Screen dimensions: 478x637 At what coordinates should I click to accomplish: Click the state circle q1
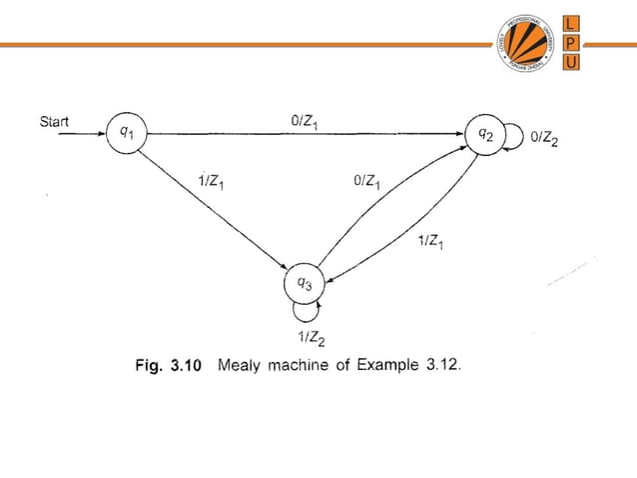(125, 132)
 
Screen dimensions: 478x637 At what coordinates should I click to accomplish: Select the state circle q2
(486, 133)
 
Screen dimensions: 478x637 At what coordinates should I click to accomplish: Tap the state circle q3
(306, 284)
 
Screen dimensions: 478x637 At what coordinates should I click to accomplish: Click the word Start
(54, 122)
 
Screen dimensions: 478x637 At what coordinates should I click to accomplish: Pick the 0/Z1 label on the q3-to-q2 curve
(366, 182)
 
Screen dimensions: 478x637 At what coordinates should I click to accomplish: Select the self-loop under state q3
(305, 312)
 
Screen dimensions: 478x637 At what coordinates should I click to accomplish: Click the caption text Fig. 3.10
(169, 366)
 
